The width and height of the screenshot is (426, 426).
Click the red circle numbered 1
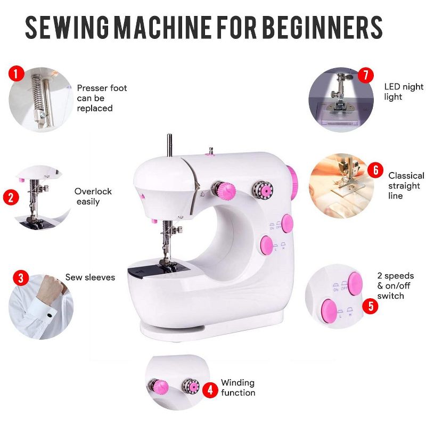click(17, 73)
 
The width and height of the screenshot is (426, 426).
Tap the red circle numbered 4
click(210, 390)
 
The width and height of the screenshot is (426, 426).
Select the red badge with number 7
click(365, 75)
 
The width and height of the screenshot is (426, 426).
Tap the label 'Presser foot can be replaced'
click(102, 98)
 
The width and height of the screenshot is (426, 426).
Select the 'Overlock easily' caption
click(93, 196)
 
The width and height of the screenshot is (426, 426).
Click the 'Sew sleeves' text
click(90, 277)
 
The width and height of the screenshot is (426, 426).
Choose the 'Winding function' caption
click(237, 388)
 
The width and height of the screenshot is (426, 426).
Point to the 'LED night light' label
click(404, 92)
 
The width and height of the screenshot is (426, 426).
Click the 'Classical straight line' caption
click(406, 185)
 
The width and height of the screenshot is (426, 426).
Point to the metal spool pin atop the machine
click(169, 145)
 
